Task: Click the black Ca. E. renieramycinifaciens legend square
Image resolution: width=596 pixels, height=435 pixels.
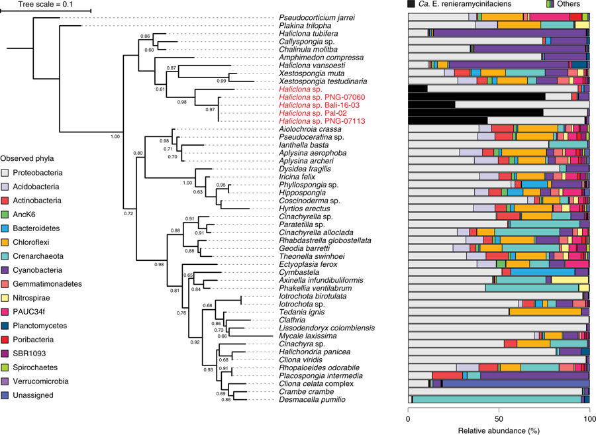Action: click(412, 5)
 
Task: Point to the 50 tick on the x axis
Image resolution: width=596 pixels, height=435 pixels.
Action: click(499, 418)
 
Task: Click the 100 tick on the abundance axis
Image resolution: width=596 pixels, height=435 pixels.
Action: click(589, 418)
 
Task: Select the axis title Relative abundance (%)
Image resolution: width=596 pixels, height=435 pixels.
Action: click(498, 430)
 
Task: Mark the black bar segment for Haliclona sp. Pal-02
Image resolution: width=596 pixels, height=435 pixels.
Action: click(475, 113)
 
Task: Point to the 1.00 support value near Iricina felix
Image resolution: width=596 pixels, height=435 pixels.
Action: click(187, 183)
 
